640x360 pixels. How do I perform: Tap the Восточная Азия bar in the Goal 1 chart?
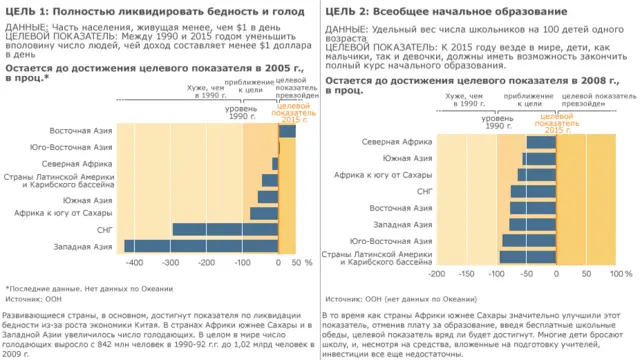pos(287,131)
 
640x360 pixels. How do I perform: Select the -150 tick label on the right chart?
pos(468,273)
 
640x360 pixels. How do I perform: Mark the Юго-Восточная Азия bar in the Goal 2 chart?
pos(528,241)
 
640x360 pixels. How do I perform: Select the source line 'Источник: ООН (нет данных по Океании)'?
pos(401,298)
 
